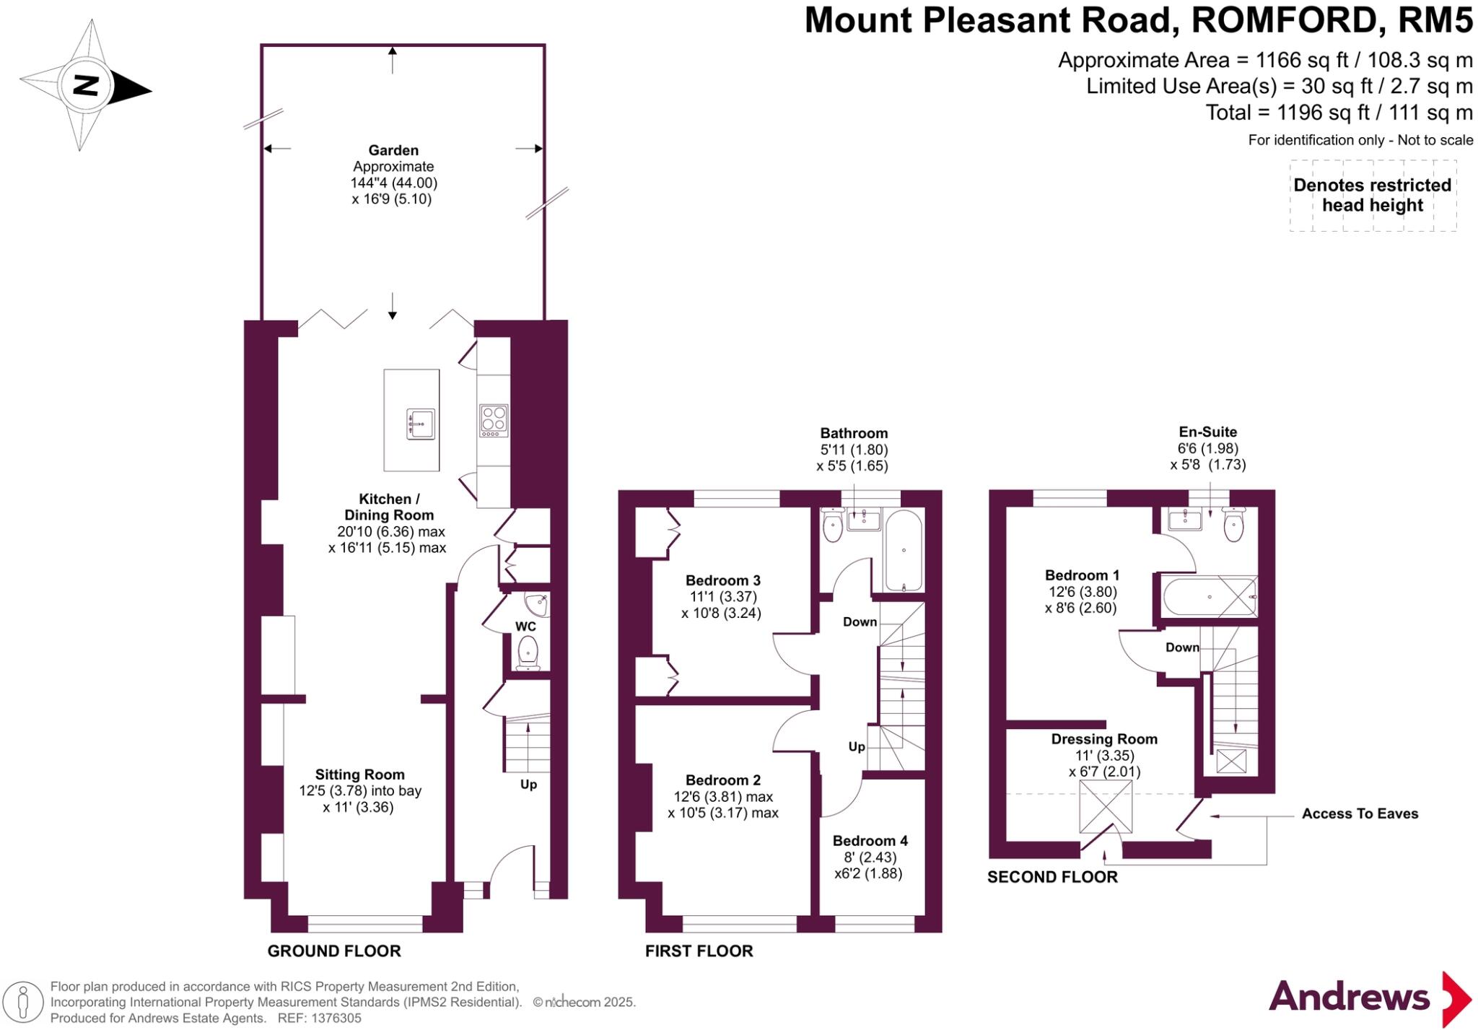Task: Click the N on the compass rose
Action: click(x=86, y=87)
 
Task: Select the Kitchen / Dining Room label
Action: click(x=389, y=507)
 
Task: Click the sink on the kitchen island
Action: click(x=421, y=423)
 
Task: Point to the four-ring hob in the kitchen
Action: click(x=494, y=420)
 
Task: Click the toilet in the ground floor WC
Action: click(x=528, y=653)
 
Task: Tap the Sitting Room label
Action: click(x=359, y=774)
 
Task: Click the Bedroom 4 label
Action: click(x=870, y=841)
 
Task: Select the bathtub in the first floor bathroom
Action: click(x=903, y=551)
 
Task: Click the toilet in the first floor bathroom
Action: click(x=833, y=526)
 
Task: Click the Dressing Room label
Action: click(x=1104, y=739)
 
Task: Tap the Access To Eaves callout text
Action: click(x=1360, y=813)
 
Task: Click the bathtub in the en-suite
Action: click(x=1210, y=597)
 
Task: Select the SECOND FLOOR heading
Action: click(x=1052, y=877)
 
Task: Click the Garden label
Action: click(x=393, y=150)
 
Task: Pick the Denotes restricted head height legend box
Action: click(x=1373, y=196)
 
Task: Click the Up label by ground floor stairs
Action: click(x=528, y=785)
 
